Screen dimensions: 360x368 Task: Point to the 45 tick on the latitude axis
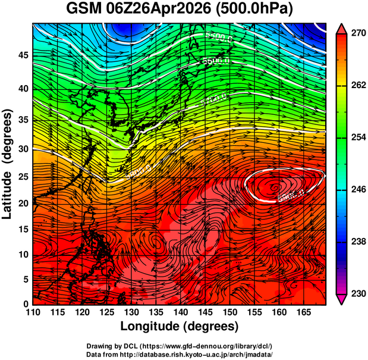[21, 55]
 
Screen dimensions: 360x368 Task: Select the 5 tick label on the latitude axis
[24, 279]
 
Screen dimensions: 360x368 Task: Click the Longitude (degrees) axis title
[180, 326]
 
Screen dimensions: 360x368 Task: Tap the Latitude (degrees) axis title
[8, 164]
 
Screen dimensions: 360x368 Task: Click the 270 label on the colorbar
[356, 34]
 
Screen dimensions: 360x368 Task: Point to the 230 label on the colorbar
[356, 293]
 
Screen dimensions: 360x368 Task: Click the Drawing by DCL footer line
[180, 346]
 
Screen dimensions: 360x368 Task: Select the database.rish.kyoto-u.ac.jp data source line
[180, 354]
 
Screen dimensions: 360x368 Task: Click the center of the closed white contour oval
[284, 184]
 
